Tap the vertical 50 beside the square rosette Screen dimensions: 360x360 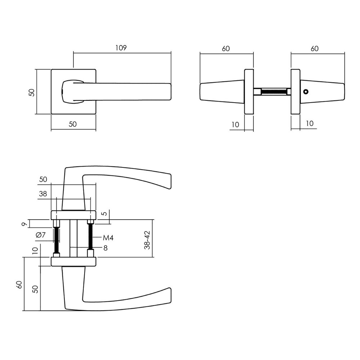coord(32,92)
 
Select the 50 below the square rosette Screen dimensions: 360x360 coord(73,124)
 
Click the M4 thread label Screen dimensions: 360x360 coord(108,238)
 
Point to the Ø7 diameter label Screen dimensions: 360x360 coord(41,235)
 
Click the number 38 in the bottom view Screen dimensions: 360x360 coord(43,194)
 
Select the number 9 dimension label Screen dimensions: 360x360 coord(24,224)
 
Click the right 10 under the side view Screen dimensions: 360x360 coord(309,123)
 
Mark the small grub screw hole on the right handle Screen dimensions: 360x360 coord(306,92)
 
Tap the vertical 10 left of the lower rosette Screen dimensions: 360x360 coord(35,251)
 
